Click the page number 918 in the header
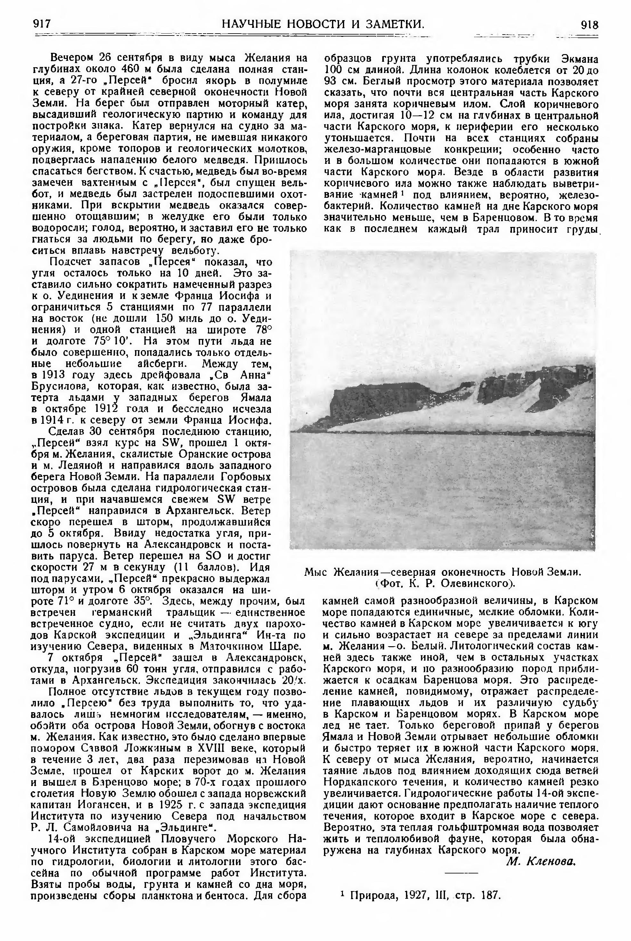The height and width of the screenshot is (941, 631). pos(590,25)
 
